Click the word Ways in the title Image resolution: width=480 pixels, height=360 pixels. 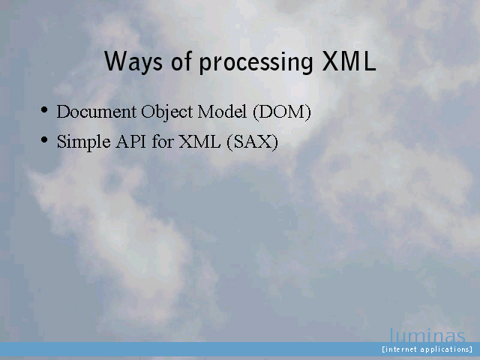coord(133,61)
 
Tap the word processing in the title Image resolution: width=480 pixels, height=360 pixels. coord(256,63)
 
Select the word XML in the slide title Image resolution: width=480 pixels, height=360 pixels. coord(349,61)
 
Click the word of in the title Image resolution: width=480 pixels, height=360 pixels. coord(181,61)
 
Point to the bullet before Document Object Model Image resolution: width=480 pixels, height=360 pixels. coord(44,109)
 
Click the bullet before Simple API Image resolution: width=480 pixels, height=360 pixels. coord(44,139)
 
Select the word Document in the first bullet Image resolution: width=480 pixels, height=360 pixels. coord(97,112)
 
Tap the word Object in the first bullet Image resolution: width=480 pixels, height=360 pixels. coord(166,112)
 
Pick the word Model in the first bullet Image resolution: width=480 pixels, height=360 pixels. coord(222,112)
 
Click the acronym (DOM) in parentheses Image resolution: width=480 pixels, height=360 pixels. coord(282,112)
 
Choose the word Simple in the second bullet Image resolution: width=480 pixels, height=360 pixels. coord(83,142)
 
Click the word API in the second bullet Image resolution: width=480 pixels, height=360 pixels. coord(130,142)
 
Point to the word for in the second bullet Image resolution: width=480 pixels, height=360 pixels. coord(163,142)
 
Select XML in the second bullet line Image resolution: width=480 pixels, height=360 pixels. coord(199,142)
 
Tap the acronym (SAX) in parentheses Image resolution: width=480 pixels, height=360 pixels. coord(253,142)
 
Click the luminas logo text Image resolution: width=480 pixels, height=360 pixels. coord(427,335)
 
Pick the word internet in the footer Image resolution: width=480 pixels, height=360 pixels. coord(400,349)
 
